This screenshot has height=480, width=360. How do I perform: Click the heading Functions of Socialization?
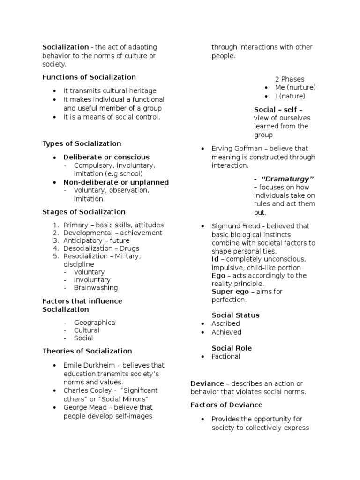click(x=89, y=77)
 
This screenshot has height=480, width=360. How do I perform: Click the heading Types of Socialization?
click(x=82, y=144)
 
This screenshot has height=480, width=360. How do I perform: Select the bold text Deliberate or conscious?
click(x=106, y=157)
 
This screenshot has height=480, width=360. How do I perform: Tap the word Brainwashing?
click(x=96, y=288)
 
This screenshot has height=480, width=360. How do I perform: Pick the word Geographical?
click(x=95, y=322)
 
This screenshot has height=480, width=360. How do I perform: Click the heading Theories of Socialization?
click(x=87, y=351)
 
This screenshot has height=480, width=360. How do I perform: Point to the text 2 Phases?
click(x=289, y=79)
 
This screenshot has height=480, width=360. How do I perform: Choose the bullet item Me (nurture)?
click(x=295, y=88)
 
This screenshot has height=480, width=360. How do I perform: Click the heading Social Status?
click(x=235, y=315)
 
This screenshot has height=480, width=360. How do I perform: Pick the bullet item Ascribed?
click(x=225, y=323)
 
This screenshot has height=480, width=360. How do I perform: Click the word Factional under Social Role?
click(x=226, y=357)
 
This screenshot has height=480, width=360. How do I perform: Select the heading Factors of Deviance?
click(x=226, y=405)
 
